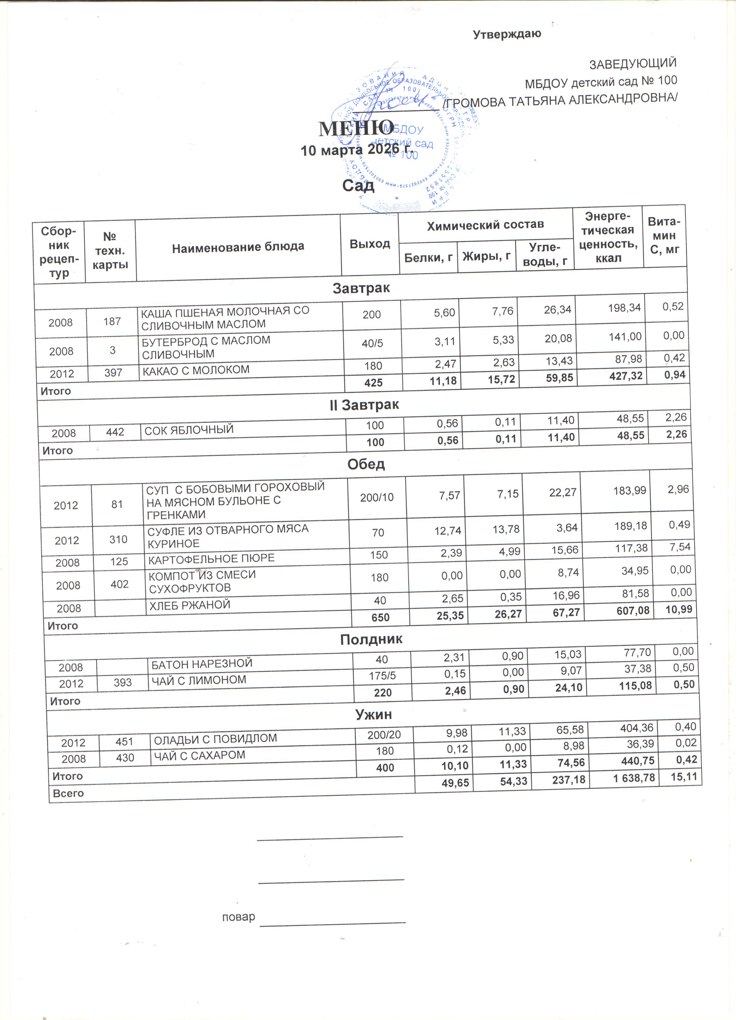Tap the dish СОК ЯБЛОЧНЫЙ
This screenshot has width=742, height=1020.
click(x=190, y=433)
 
